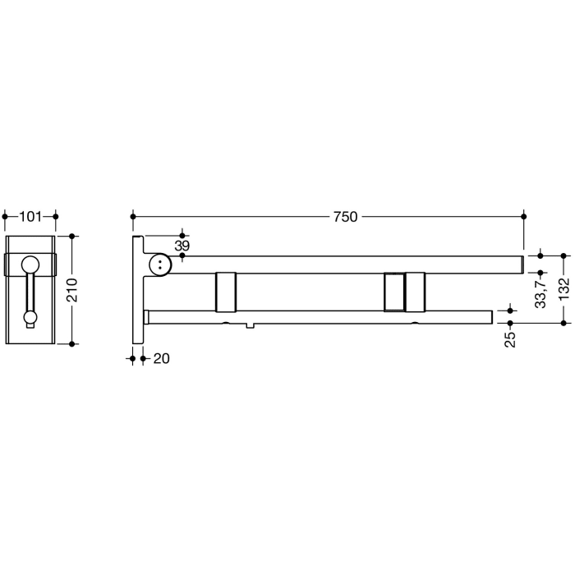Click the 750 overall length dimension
coord(345,217)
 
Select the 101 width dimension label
coord(30,217)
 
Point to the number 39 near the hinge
coord(182,246)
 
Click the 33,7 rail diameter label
coord(540,292)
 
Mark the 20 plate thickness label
coord(160,358)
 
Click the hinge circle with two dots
coord(160,264)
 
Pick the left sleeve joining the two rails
coord(226,292)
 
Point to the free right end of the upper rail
coord(522,264)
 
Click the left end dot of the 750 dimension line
coord(132,217)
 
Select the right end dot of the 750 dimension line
coord(524,217)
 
